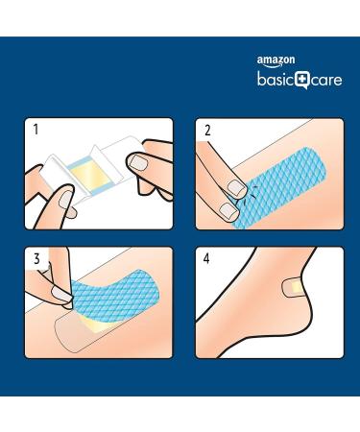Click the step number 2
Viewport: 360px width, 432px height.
click(x=206, y=129)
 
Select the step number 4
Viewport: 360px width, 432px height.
click(x=206, y=257)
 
